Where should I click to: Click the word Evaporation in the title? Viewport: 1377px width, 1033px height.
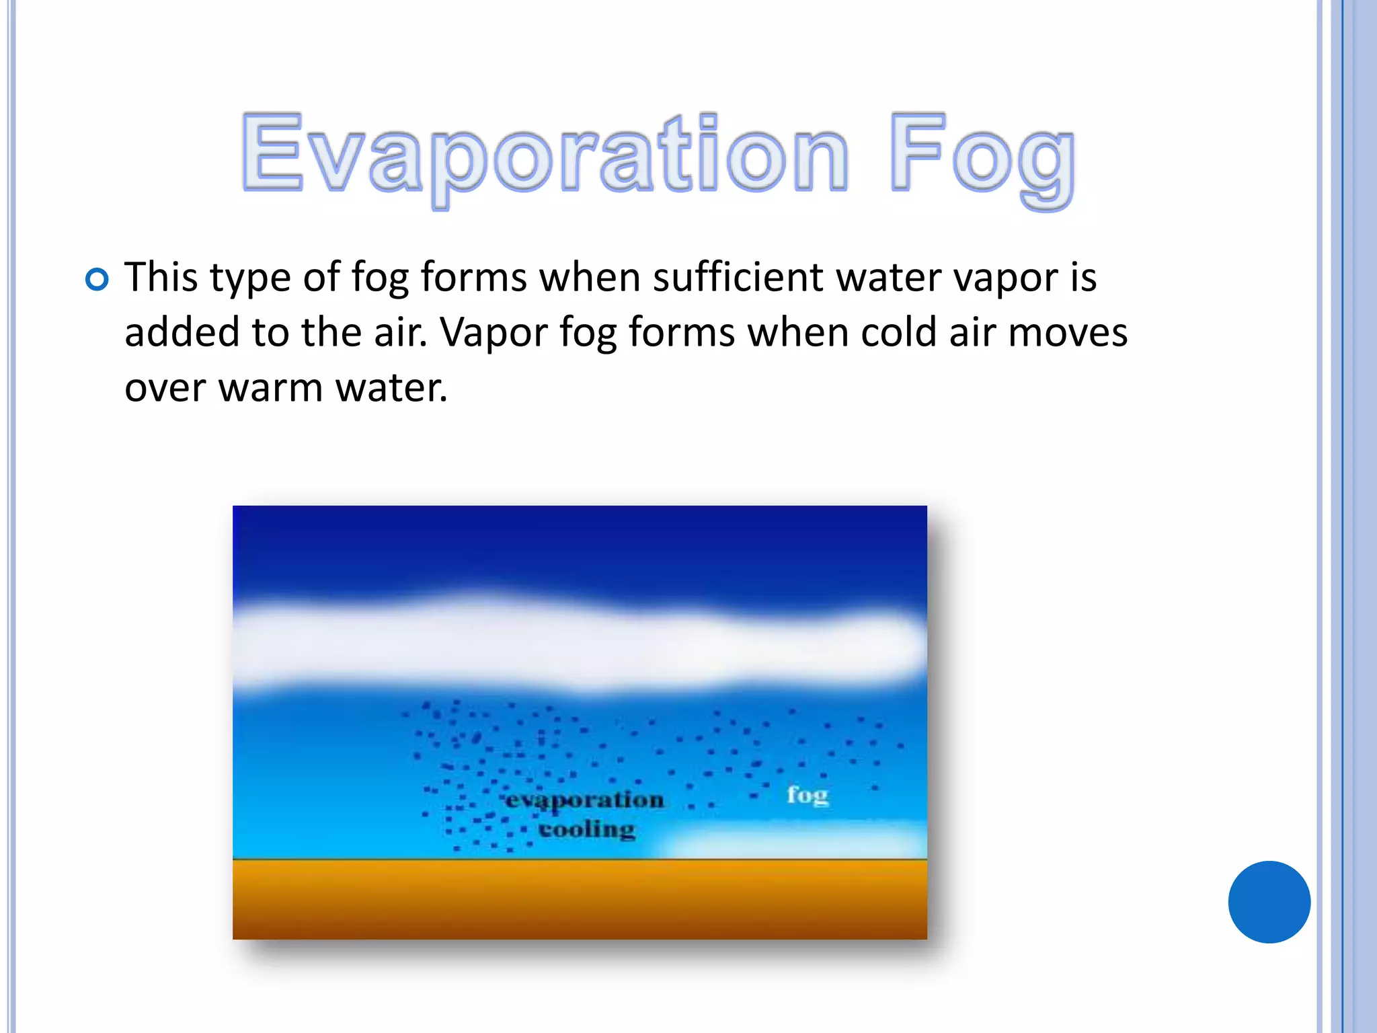(x=545, y=153)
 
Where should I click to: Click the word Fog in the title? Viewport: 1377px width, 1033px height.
(x=982, y=156)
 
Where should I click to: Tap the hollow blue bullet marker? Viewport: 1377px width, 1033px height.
(x=97, y=279)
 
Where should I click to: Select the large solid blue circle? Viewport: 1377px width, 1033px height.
(x=1269, y=902)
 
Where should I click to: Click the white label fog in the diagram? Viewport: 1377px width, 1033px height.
(x=807, y=796)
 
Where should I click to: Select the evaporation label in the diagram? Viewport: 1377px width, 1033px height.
(x=585, y=800)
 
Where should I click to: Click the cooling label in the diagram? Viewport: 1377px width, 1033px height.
(x=587, y=829)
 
